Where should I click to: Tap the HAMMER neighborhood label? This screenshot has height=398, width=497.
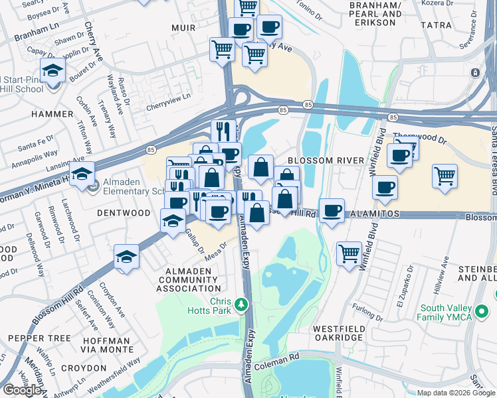(x=51, y=114)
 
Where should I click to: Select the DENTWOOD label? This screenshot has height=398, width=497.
(x=124, y=213)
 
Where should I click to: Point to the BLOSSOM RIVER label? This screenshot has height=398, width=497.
(x=327, y=161)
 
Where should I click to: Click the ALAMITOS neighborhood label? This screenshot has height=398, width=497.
(x=375, y=214)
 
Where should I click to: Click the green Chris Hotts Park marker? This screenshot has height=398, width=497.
(x=242, y=305)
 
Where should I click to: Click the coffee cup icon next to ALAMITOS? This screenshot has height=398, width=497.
(x=332, y=211)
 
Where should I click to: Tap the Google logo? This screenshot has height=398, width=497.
(x=22, y=389)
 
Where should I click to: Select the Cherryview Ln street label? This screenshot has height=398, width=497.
(x=169, y=99)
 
